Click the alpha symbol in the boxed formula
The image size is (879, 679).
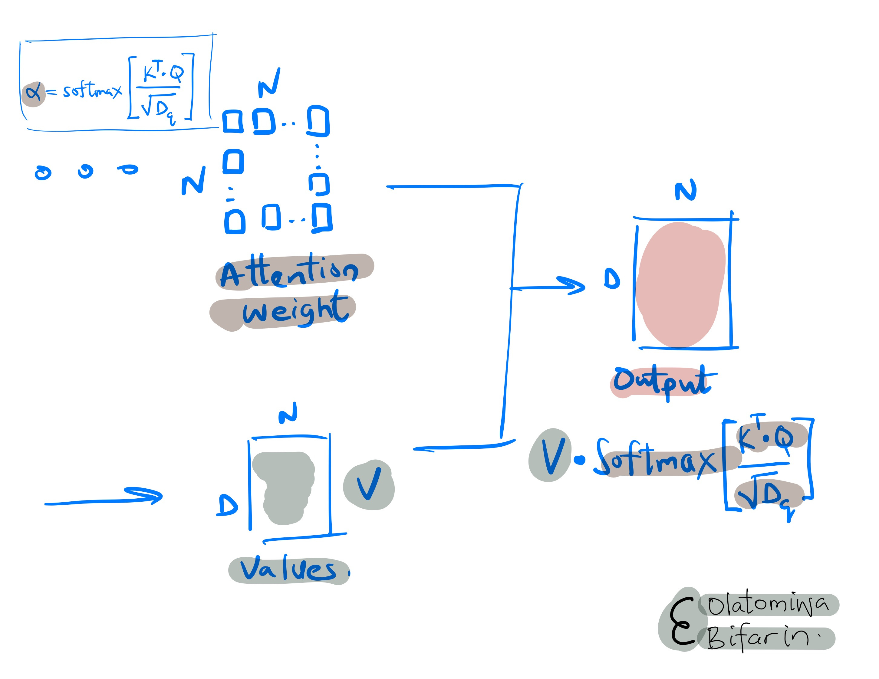pos(33,93)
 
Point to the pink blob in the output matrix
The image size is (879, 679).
pos(680,284)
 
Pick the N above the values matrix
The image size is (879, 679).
pos(288,413)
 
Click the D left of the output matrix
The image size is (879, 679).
pos(612,278)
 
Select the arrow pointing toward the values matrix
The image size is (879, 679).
pos(105,499)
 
